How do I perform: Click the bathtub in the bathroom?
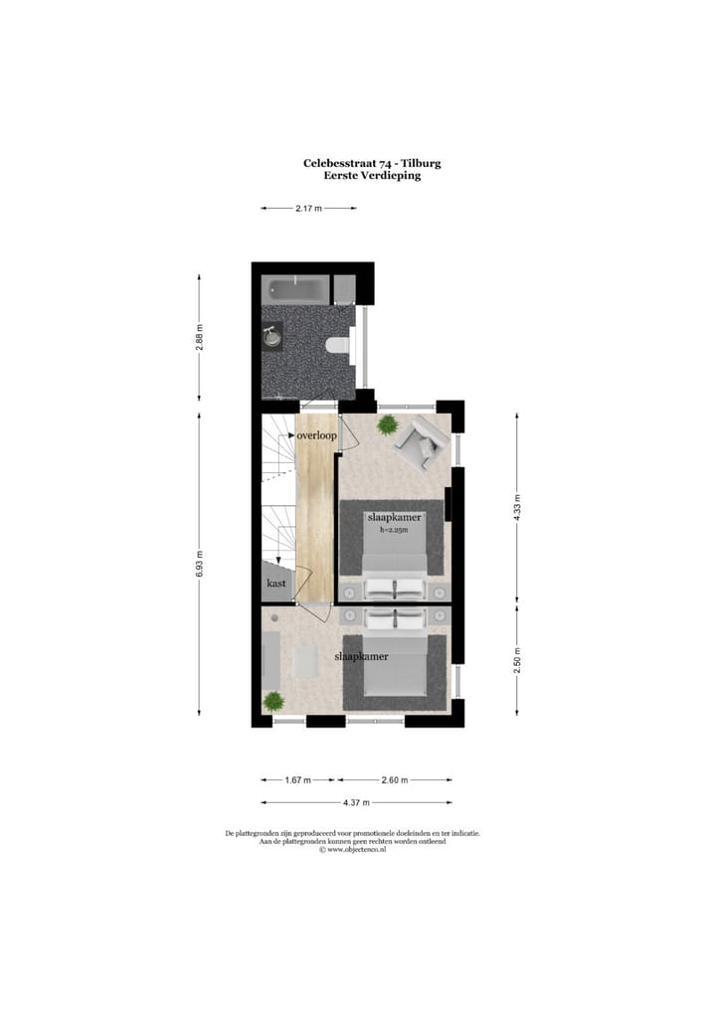pos(295,289)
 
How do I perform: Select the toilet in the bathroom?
pos(338,345)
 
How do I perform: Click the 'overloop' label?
pos(316,435)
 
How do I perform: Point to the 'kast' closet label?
pos(276,585)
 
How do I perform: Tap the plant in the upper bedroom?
pos(387,425)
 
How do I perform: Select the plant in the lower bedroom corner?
pos(272,701)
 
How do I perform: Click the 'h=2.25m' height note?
pos(395,530)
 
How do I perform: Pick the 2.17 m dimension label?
pos(308,209)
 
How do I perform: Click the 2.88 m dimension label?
pos(199,339)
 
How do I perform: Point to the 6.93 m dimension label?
pos(199,564)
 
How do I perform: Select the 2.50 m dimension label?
pos(517,659)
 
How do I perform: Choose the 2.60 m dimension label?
pos(395,780)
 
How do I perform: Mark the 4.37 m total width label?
pos(356,802)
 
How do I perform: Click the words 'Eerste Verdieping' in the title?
pos(372,176)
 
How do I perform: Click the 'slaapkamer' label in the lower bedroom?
pos(361,657)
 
